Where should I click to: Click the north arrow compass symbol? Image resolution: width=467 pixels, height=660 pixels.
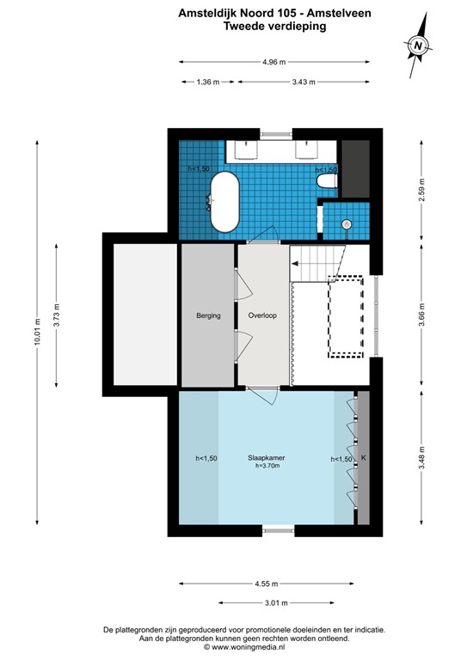pos(417,45)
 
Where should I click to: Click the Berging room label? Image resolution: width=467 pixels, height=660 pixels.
pos(208,315)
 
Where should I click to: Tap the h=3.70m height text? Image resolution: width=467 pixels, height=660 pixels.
pos(267,466)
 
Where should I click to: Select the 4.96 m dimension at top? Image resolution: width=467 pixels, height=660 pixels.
pos(273,62)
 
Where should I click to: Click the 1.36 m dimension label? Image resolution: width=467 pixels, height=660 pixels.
pos(208,82)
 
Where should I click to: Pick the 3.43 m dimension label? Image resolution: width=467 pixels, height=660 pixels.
pos(304,82)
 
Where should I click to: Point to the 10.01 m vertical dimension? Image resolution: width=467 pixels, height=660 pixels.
pos(37,328)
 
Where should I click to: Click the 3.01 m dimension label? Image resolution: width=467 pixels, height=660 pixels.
pos(276,602)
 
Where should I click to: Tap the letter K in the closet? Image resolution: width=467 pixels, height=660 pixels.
pos(363,458)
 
